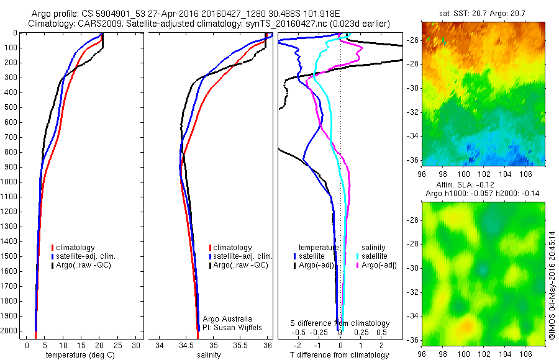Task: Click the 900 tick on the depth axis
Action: pyautogui.click(x=11, y=167)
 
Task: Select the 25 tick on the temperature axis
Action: pyautogui.click(x=117, y=345)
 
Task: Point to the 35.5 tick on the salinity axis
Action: pyautogui.click(x=240, y=345)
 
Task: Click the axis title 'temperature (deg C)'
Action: pyautogui.click(x=80, y=355)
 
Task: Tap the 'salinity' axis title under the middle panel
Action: pyautogui.click(x=209, y=355)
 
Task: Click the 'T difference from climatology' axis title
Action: pyautogui.click(x=339, y=355)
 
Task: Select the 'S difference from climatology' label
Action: pyautogui.click(x=340, y=323)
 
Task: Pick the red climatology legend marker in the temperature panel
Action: pyautogui.click(x=53, y=248)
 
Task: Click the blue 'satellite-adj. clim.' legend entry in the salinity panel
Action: pyautogui.click(x=240, y=256)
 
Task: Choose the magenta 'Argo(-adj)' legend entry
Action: pyautogui.click(x=376, y=265)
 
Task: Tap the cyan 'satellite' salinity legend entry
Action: pyautogui.click(x=372, y=256)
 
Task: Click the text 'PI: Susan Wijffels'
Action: pyautogui.click(x=232, y=328)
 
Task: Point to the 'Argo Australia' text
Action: pyautogui.click(x=227, y=318)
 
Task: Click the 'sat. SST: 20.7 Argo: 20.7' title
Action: pyautogui.click(x=482, y=14)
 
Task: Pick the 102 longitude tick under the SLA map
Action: pyautogui.click(x=484, y=354)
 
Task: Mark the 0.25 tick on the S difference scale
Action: pyautogui.click(x=361, y=332)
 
